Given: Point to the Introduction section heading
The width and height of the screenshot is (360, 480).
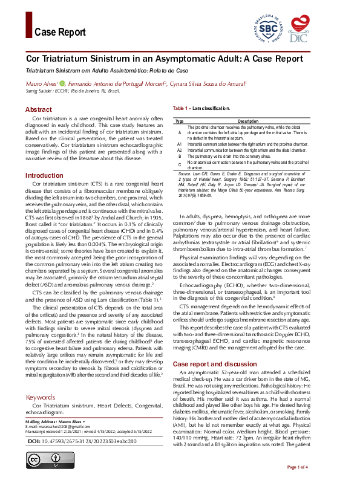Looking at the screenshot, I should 44,175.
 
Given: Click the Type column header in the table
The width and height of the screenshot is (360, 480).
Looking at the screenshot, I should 180,122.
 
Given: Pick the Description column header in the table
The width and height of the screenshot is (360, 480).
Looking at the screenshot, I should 248,122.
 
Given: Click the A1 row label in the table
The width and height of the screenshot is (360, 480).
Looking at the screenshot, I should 180,144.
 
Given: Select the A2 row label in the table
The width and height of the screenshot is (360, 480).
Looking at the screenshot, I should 180,150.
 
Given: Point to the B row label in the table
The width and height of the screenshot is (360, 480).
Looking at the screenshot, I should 180,156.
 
